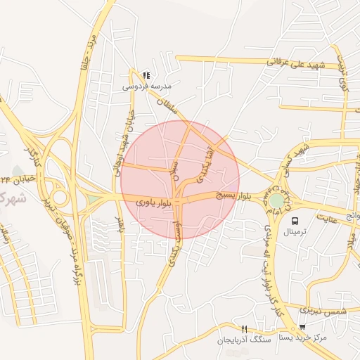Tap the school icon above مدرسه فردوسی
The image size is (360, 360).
pyautogui.click(x=146, y=75)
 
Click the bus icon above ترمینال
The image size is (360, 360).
pyautogui.click(x=294, y=219)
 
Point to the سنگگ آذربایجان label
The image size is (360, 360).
pyautogui.click(x=243, y=340)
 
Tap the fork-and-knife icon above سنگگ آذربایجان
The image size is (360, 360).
pyautogui.click(x=244, y=328)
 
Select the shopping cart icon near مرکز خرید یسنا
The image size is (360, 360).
pyautogui.click(x=302, y=327)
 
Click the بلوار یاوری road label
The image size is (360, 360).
pyautogui.click(x=153, y=202)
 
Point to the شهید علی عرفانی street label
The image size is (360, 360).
pyautogui.click(x=291, y=65)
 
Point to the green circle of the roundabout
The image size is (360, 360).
pyautogui.click(x=277, y=200)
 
